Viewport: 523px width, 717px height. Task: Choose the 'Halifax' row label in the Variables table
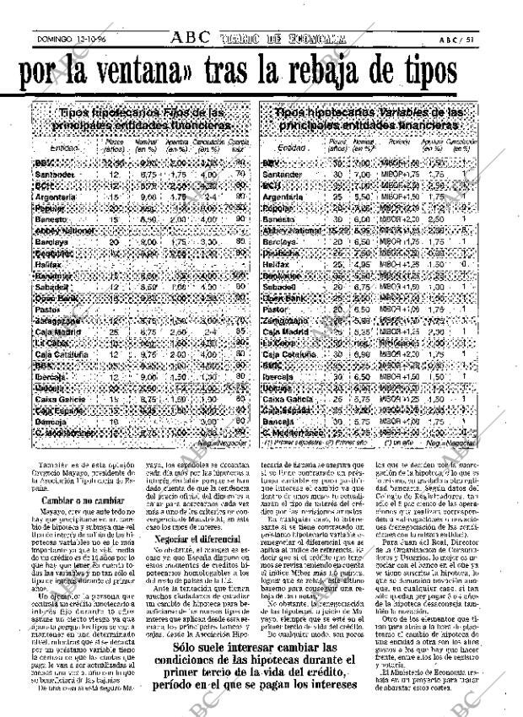(278, 264)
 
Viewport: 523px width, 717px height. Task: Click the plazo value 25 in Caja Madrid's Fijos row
(113, 332)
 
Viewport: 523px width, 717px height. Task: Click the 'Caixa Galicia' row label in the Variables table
(287, 400)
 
